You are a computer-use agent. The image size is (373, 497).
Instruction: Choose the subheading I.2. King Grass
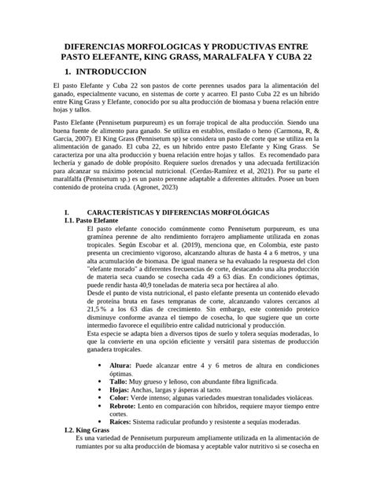pyautogui.click(x=86, y=431)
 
